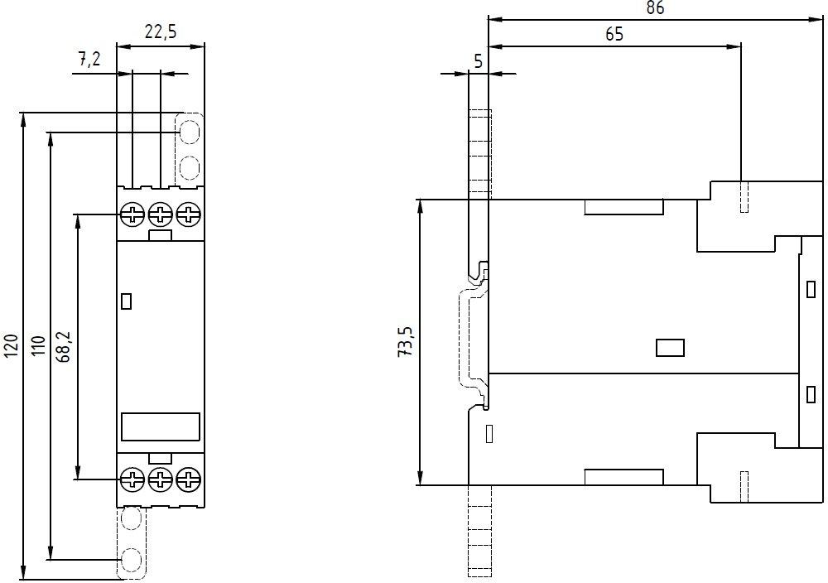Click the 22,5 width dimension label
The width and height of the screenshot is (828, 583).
click(161, 32)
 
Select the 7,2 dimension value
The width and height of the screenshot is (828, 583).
click(89, 59)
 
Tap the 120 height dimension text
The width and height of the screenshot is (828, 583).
click(12, 345)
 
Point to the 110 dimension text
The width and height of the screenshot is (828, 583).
click(39, 345)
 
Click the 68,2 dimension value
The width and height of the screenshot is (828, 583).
click(65, 346)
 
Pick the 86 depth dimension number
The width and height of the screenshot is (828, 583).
click(655, 8)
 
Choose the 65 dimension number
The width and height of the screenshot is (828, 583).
click(614, 34)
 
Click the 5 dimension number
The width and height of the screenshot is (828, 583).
click(478, 62)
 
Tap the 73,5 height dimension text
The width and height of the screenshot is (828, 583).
click(406, 342)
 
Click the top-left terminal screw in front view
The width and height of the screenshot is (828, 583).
click(132, 215)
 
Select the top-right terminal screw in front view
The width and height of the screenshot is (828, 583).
click(189, 215)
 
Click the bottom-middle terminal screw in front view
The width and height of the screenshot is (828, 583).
click(160, 479)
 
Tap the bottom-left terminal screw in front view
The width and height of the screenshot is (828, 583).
click(132, 479)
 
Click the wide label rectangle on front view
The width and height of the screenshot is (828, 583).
click(161, 426)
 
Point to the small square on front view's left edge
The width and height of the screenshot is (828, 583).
click(126, 301)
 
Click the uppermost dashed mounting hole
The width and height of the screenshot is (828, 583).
click(189, 132)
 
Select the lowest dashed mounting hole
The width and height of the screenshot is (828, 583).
click(131, 559)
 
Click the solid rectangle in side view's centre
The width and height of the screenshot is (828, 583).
click(670, 348)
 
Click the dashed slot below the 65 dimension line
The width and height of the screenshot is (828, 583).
click(744, 197)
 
